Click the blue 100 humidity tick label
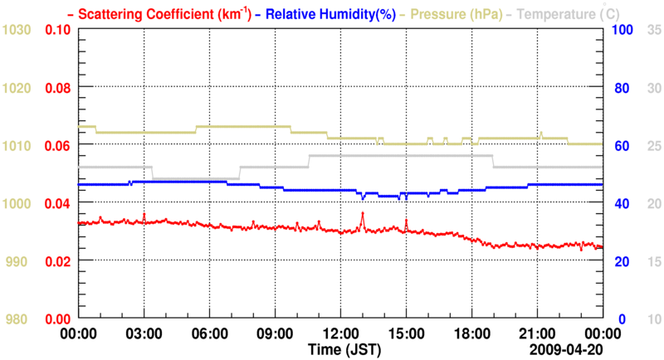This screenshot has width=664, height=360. pyautogui.click(x=623, y=30)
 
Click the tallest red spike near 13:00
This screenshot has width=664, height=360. pyautogui.click(x=363, y=214)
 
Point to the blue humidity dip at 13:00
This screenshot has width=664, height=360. pyautogui.click(x=363, y=198)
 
